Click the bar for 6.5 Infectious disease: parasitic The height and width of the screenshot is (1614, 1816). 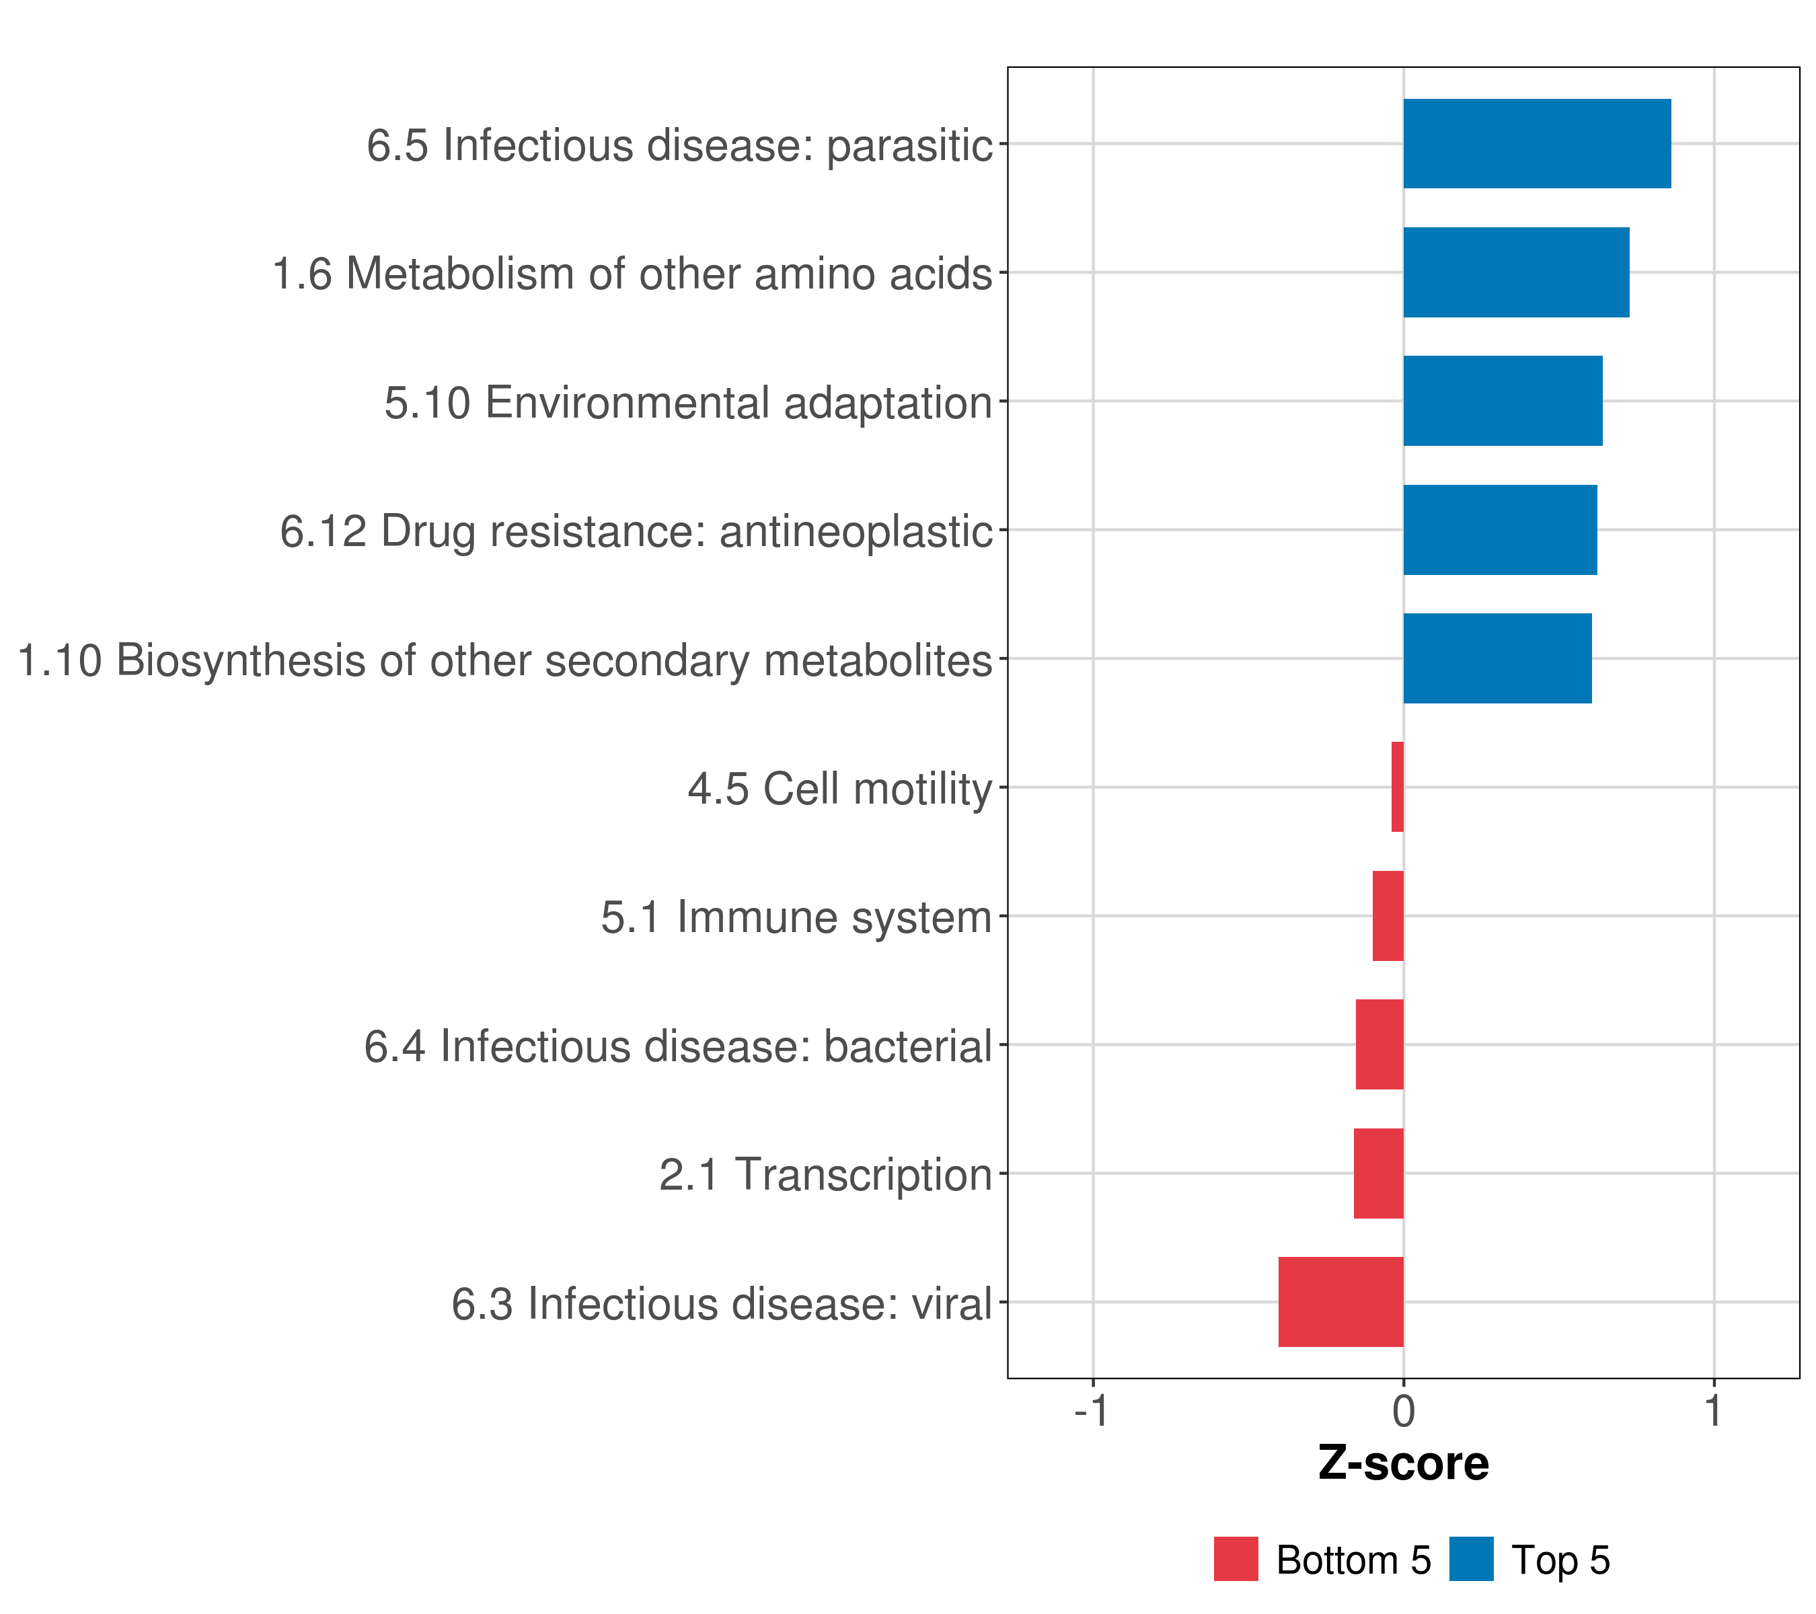tap(1537, 144)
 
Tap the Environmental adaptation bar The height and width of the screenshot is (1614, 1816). tap(1503, 401)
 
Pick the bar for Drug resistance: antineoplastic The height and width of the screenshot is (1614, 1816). tap(1501, 529)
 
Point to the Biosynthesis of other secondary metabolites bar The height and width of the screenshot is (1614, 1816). tap(1498, 658)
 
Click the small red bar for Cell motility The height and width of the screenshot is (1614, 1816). tap(1398, 787)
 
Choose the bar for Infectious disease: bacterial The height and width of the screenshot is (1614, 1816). tap(1379, 1044)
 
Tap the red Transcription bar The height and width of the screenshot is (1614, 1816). tap(1379, 1174)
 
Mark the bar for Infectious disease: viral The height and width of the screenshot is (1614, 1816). tap(1342, 1302)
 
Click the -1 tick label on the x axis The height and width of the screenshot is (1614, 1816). tap(1092, 1412)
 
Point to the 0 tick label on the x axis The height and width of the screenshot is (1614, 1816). tap(1404, 1412)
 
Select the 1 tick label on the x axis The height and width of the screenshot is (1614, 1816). tap(1714, 1412)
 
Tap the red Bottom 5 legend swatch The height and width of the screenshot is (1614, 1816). tap(1236, 1559)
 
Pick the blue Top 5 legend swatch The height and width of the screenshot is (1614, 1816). tap(1471, 1559)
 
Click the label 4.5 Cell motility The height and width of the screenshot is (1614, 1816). tap(839, 789)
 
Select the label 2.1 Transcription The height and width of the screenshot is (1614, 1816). tap(825, 1175)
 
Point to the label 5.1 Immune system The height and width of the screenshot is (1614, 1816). tap(796, 917)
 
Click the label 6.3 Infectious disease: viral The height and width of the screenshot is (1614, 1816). tap(722, 1304)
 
